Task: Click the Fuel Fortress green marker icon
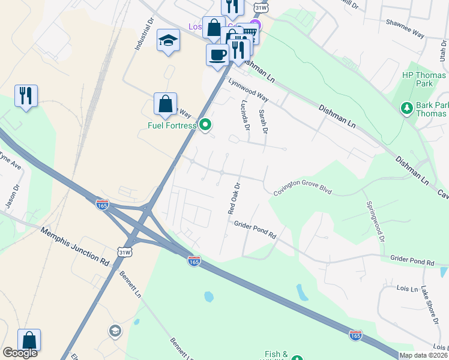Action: [206, 125]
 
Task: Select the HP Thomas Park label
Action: [424, 79]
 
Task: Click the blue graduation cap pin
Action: [168, 41]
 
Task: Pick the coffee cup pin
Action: [217, 55]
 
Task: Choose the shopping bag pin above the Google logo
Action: [29, 340]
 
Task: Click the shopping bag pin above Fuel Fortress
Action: [165, 104]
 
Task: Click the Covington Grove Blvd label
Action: [303, 191]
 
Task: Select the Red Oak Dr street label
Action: [234, 198]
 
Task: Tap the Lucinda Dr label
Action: [245, 115]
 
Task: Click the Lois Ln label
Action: [407, 289]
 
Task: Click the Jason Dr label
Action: [13, 196]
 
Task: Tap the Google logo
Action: [20, 353]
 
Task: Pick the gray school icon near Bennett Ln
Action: [114, 331]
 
